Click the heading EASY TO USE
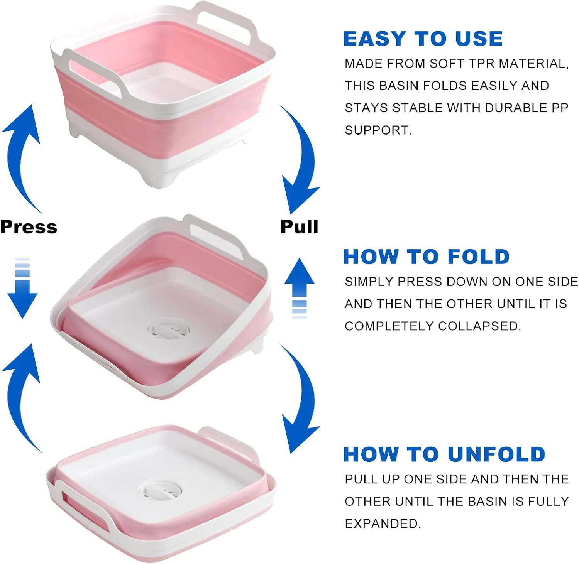click(x=423, y=39)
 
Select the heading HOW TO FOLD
click(x=426, y=257)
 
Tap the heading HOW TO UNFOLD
click(x=444, y=454)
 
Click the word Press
click(x=29, y=227)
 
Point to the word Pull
click(x=300, y=226)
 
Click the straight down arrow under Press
click(x=22, y=288)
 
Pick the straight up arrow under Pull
click(x=299, y=288)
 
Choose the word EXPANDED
click(x=383, y=524)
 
